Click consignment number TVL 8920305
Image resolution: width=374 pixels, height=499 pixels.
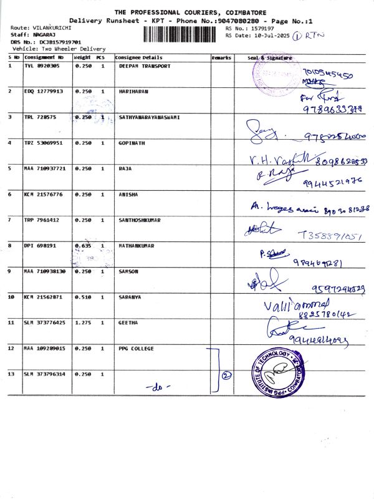pos(42,65)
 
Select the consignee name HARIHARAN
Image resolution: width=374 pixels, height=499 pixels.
pos(133,91)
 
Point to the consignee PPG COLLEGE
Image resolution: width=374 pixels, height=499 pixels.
pos(136,348)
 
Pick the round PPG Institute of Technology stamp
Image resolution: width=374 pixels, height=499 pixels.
pos(279,374)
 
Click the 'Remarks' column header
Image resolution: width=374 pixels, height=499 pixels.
pos(221,57)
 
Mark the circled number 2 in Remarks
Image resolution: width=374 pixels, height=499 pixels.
pos(227,375)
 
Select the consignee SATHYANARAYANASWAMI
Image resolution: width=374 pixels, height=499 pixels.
pos(149,117)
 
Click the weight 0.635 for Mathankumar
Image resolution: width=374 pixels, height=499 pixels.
pos(83,246)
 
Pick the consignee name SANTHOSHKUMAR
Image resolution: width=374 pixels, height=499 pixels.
pos(141,220)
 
